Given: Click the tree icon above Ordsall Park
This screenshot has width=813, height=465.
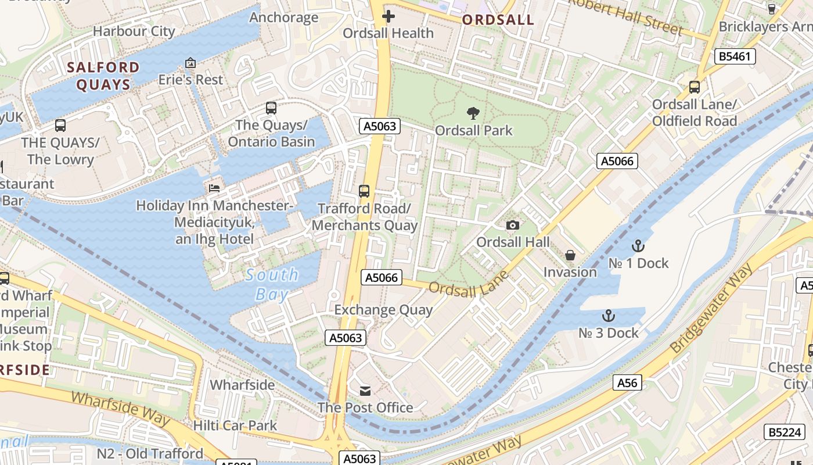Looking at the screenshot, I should pyautogui.click(x=473, y=113).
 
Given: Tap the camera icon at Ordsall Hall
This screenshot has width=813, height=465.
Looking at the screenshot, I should pyautogui.click(x=512, y=225).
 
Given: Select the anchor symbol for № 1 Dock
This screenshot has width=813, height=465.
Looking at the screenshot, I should pyautogui.click(x=638, y=246).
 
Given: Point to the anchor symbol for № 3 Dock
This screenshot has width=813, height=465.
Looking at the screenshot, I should pyautogui.click(x=608, y=316).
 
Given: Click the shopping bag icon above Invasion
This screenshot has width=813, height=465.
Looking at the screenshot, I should pyautogui.click(x=570, y=255).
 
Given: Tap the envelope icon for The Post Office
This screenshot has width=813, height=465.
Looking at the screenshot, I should pyautogui.click(x=365, y=390).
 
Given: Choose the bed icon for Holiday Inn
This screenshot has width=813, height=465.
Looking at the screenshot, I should pyautogui.click(x=214, y=188).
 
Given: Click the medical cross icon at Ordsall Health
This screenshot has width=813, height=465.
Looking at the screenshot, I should pyautogui.click(x=388, y=16).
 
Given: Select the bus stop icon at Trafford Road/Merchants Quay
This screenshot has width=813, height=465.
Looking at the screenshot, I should pyautogui.click(x=364, y=191).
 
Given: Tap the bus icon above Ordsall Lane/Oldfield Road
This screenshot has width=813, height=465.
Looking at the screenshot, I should pyautogui.click(x=694, y=87).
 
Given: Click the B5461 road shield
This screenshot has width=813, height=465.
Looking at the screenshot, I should pyautogui.click(x=735, y=56).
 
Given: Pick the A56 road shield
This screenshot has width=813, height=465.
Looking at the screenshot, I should pyautogui.click(x=627, y=382).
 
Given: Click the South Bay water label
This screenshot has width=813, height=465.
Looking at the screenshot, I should pyautogui.click(x=272, y=284).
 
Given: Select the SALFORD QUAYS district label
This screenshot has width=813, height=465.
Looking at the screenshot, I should pyautogui.click(x=103, y=76).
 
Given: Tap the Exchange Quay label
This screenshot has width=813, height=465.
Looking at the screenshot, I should pyautogui.click(x=383, y=310).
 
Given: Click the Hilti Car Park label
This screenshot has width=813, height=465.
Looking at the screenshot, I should pyautogui.click(x=235, y=425).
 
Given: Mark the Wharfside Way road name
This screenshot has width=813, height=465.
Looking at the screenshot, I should pyautogui.click(x=120, y=409).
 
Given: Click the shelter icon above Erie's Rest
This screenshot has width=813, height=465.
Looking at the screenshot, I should pyautogui.click(x=190, y=63).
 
